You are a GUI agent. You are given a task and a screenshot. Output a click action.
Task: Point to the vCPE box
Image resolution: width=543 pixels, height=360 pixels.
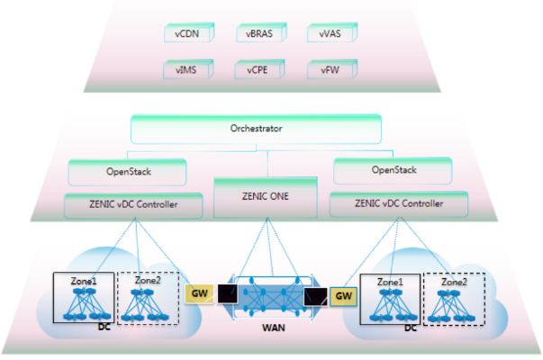pos(254,67)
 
